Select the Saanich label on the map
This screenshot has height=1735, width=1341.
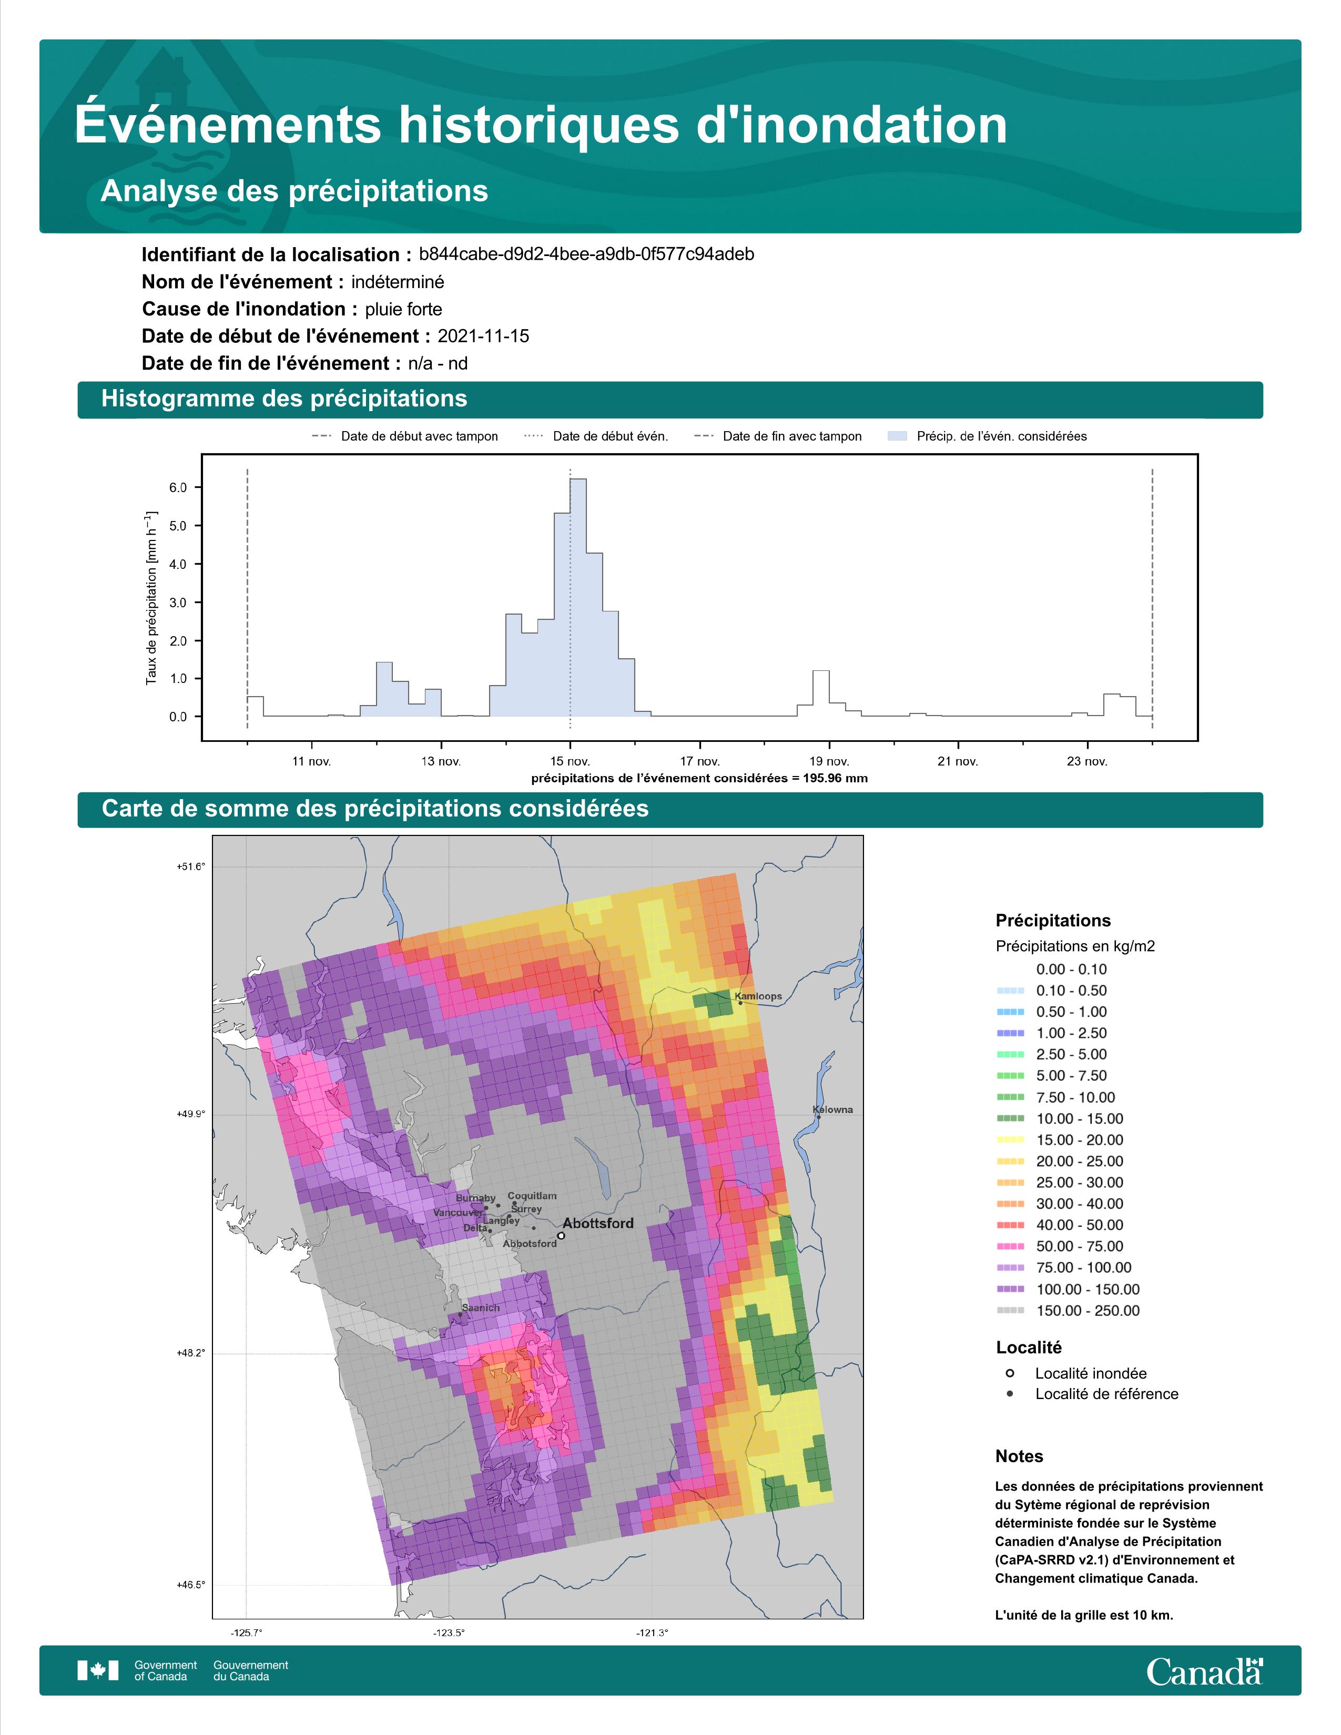click(481, 1307)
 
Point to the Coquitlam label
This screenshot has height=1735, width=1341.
click(532, 1195)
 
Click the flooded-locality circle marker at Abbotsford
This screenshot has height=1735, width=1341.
click(561, 1236)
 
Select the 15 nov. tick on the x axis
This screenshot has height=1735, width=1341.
click(571, 761)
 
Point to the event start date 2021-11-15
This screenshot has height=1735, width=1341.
click(483, 336)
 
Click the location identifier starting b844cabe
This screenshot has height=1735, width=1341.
click(586, 254)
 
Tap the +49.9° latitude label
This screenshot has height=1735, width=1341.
click(191, 1114)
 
